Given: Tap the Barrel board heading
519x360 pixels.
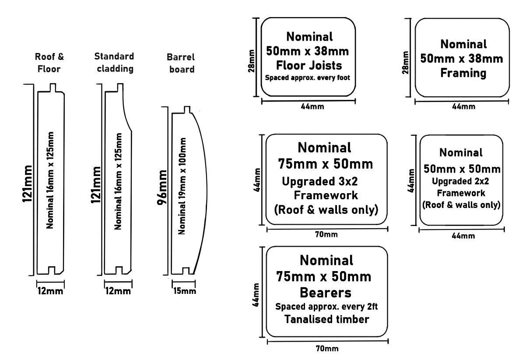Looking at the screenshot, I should [x=180, y=63].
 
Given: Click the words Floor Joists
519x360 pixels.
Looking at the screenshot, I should [x=308, y=66].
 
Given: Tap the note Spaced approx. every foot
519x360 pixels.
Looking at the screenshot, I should [x=308, y=78].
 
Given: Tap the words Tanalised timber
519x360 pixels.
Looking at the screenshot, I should [x=326, y=319].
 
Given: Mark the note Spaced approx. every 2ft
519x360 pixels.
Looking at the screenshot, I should [x=326, y=306].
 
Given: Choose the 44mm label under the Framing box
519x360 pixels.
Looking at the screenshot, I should [x=463, y=106].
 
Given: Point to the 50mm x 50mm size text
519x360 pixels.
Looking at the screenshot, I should [x=463, y=169].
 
